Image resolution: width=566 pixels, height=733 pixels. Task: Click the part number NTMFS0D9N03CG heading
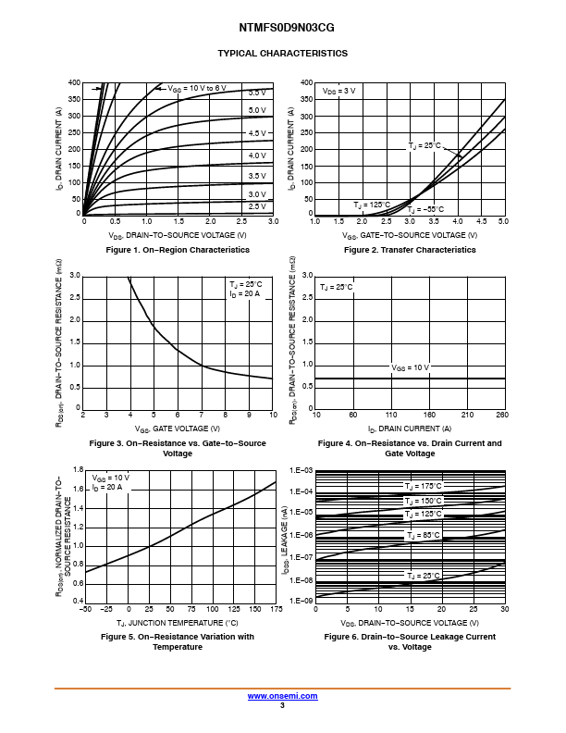(282, 29)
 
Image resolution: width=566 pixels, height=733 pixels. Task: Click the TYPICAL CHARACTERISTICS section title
(282, 53)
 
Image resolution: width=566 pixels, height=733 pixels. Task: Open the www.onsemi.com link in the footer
(282, 696)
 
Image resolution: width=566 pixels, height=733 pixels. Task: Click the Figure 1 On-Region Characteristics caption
(178, 250)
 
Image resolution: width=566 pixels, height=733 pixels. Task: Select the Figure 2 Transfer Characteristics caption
(410, 250)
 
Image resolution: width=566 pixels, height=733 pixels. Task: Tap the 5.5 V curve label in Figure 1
(256, 93)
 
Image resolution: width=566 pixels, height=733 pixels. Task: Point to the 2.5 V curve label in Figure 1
(256, 205)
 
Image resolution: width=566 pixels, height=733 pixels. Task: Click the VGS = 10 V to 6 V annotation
(196, 88)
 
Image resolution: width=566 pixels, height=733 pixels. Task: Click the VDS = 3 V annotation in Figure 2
(339, 92)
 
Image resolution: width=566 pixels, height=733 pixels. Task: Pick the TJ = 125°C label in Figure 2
(372, 205)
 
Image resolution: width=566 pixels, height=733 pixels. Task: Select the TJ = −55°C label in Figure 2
(426, 209)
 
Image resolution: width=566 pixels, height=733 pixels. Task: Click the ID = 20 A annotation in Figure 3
(245, 293)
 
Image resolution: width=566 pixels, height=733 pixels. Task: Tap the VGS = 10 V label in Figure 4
(410, 367)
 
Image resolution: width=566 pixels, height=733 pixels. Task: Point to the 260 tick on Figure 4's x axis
(501, 416)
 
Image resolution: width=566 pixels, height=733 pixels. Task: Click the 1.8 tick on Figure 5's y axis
(78, 470)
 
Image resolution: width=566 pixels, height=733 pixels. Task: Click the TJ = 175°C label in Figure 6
(423, 486)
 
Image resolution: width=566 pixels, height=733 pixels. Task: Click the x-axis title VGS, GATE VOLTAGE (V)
(178, 429)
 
